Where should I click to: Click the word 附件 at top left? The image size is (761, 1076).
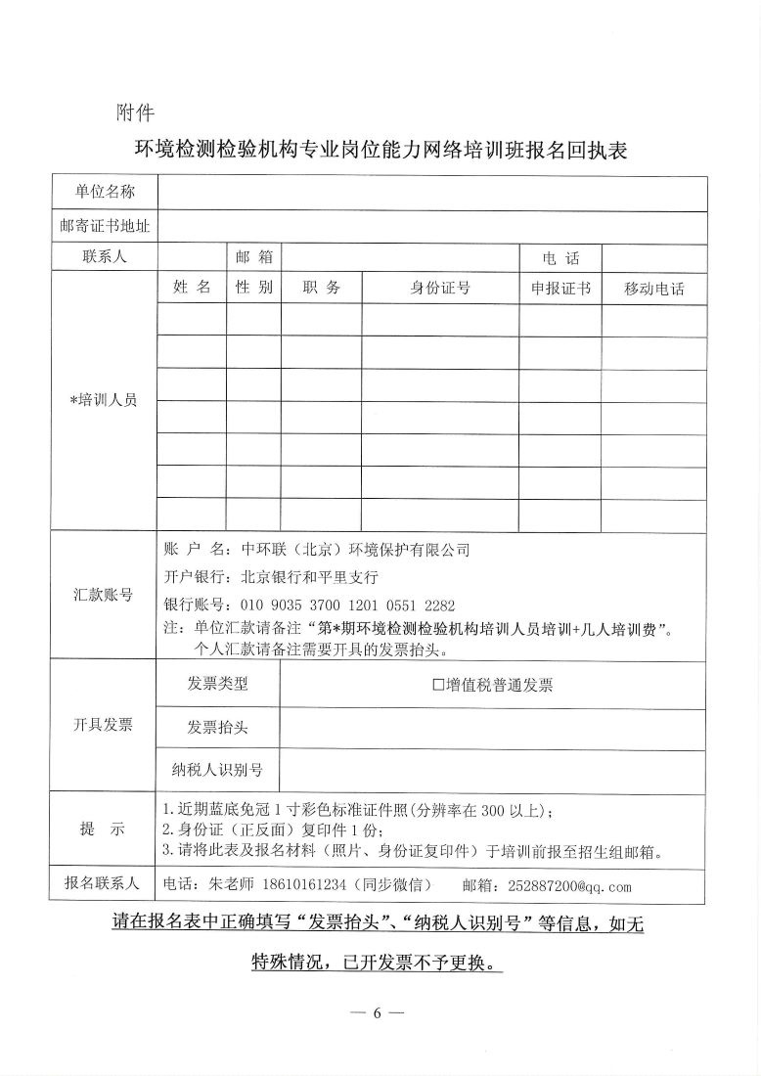[x=134, y=111]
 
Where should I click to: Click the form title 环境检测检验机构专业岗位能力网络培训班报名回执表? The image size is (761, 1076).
[x=380, y=151]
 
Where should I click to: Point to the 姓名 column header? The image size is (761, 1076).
[x=192, y=288]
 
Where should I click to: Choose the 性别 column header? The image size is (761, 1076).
[x=254, y=288]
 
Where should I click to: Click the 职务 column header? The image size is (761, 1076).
[x=321, y=288]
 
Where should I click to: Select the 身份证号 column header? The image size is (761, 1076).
[x=440, y=288]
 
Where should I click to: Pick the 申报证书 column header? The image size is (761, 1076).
[x=560, y=289]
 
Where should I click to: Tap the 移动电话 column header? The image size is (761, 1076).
[x=653, y=289]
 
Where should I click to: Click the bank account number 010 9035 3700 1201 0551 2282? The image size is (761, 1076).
[x=342, y=605]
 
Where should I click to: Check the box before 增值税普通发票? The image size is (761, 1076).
[x=439, y=686]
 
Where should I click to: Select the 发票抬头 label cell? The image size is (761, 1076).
[x=218, y=727]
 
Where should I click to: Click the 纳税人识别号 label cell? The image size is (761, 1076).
[x=218, y=769]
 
